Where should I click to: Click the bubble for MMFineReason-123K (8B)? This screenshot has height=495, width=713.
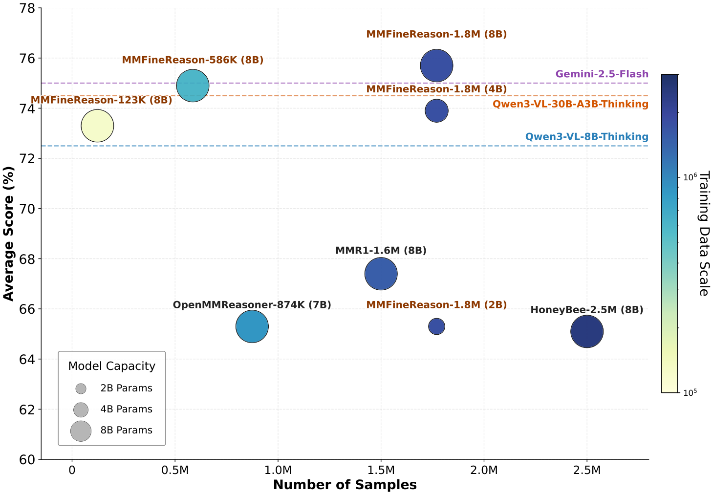[97, 126]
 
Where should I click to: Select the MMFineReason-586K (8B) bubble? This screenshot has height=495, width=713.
[193, 86]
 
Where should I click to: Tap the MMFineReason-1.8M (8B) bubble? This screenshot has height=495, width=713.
[437, 65]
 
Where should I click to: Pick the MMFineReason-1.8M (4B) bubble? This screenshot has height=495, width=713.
[437, 111]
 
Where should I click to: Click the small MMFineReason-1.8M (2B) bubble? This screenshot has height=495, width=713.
[437, 326]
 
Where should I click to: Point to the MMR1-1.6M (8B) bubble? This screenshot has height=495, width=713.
[381, 274]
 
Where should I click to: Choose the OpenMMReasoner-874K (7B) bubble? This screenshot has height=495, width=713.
[252, 326]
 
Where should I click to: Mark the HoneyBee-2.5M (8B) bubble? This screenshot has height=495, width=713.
[587, 331]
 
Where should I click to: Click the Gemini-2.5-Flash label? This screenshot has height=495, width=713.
[602, 74]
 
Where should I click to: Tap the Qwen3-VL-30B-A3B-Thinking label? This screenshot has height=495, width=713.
[570, 104]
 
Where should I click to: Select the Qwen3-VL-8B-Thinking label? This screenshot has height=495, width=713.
[586, 136]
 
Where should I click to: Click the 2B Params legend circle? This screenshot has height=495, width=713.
[81, 388]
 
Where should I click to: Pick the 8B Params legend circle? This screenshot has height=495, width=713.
[81, 431]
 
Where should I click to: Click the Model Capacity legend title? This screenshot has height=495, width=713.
[112, 366]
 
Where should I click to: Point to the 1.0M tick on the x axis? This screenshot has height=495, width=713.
[278, 470]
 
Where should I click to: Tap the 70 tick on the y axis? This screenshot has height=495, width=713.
[27, 209]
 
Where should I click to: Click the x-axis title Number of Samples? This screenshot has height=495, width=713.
[345, 485]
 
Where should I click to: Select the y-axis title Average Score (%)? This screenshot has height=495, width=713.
[8, 234]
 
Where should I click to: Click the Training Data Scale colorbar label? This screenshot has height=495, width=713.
[705, 234]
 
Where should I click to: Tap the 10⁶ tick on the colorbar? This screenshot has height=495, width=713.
[690, 177]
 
